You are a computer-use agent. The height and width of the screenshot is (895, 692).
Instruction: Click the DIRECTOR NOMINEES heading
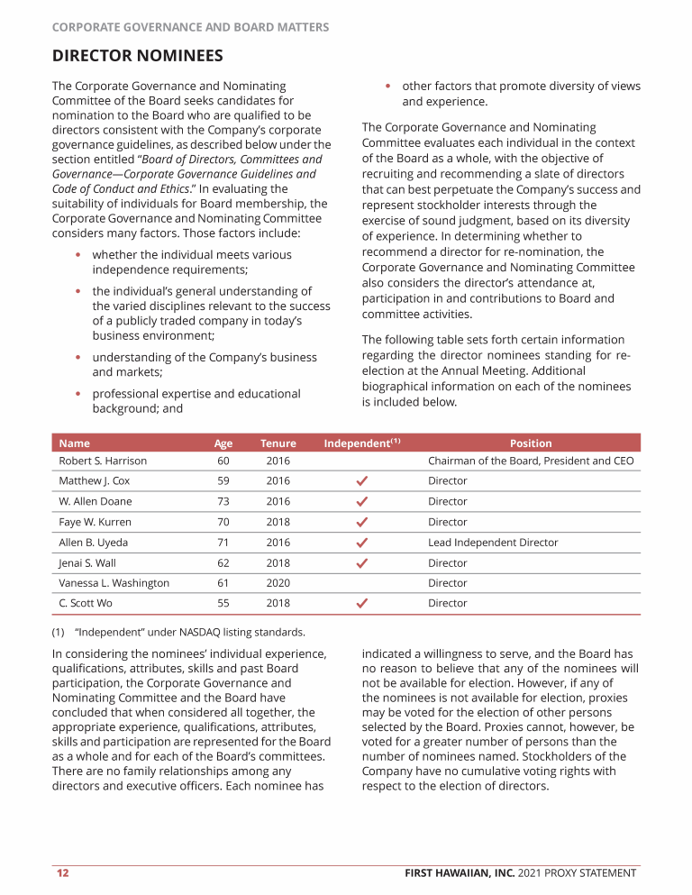[x=137, y=57]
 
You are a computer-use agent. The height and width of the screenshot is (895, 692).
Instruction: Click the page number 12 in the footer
[x=62, y=872]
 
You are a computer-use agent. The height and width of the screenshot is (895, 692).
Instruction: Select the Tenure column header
[x=278, y=443]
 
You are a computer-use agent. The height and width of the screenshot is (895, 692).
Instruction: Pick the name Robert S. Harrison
[x=103, y=461]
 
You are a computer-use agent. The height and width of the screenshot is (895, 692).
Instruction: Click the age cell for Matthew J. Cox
[x=223, y=481]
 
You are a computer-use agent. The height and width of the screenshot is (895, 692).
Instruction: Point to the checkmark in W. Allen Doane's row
[x=361, y=501]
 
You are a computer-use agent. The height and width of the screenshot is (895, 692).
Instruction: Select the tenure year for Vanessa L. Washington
[x=278, y=583]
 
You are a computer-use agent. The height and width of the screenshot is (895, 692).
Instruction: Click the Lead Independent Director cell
[x=493, y=543]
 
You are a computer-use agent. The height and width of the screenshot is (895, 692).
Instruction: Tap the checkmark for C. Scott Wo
[x=361, y=604]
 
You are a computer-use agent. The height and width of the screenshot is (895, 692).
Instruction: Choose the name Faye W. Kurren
[x=95, y=522]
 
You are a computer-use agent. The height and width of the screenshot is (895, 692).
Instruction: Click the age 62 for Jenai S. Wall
[x=223, y=563]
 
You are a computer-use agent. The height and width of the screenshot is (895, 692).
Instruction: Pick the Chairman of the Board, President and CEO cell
[x=531, y=461]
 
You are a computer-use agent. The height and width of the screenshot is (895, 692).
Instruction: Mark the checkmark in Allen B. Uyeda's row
[x=361, y=543]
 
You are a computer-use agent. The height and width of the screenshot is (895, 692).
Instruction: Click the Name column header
[x=74, y=443]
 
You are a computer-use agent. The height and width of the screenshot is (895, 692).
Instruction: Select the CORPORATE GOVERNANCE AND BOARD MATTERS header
[x=190, y=27]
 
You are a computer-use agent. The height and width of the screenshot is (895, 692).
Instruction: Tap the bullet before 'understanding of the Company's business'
[x=79, y=358]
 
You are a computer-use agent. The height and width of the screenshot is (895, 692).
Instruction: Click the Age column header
[x=223, y=443]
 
